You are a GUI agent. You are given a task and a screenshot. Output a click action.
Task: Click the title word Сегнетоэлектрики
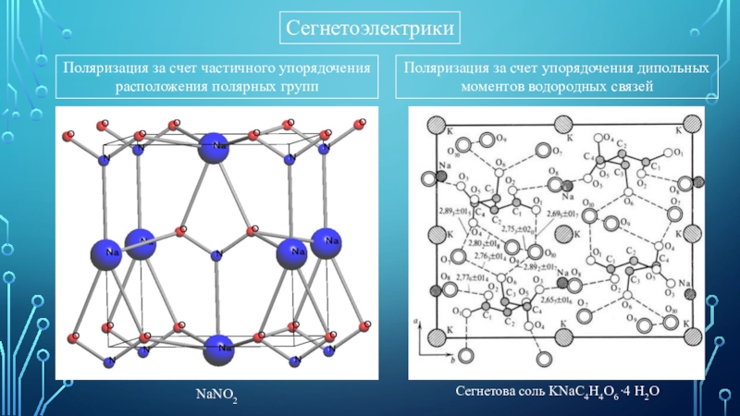coord(370,31)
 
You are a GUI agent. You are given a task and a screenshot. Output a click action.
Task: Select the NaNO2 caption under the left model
coord(215,396)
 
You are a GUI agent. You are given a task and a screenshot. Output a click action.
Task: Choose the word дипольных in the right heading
coord(676,68)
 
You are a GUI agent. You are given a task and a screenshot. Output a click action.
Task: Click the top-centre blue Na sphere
coord(216,148)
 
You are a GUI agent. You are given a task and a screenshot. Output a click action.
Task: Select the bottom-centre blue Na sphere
coord(219,349)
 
